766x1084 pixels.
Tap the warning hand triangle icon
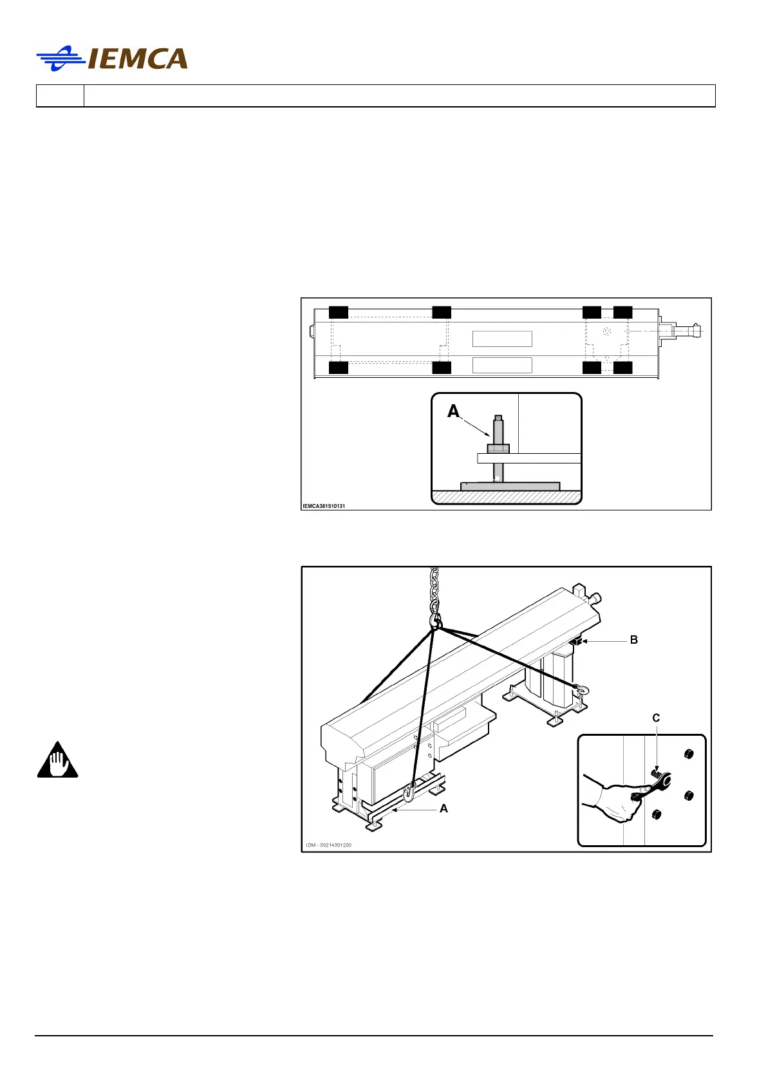point(57,761)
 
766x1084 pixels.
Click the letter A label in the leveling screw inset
point(454,411)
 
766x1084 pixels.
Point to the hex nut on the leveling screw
point(498,448)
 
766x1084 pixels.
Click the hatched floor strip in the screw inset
point(506,496)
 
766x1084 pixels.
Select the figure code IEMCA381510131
point(324,506)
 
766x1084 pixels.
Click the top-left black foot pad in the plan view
point(339,313)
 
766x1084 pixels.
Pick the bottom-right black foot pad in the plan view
point(622,368)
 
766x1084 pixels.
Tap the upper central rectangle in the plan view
point(502,339)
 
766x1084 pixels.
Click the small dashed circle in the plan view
point(606,331)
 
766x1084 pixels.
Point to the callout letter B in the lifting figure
point(634,640)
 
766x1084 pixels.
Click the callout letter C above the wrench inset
point(656,718)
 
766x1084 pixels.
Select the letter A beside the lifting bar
point(444,808)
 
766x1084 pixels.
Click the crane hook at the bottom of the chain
point(436,622)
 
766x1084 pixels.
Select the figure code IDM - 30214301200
point(328,845)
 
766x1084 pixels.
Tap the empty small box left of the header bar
point(60,96)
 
